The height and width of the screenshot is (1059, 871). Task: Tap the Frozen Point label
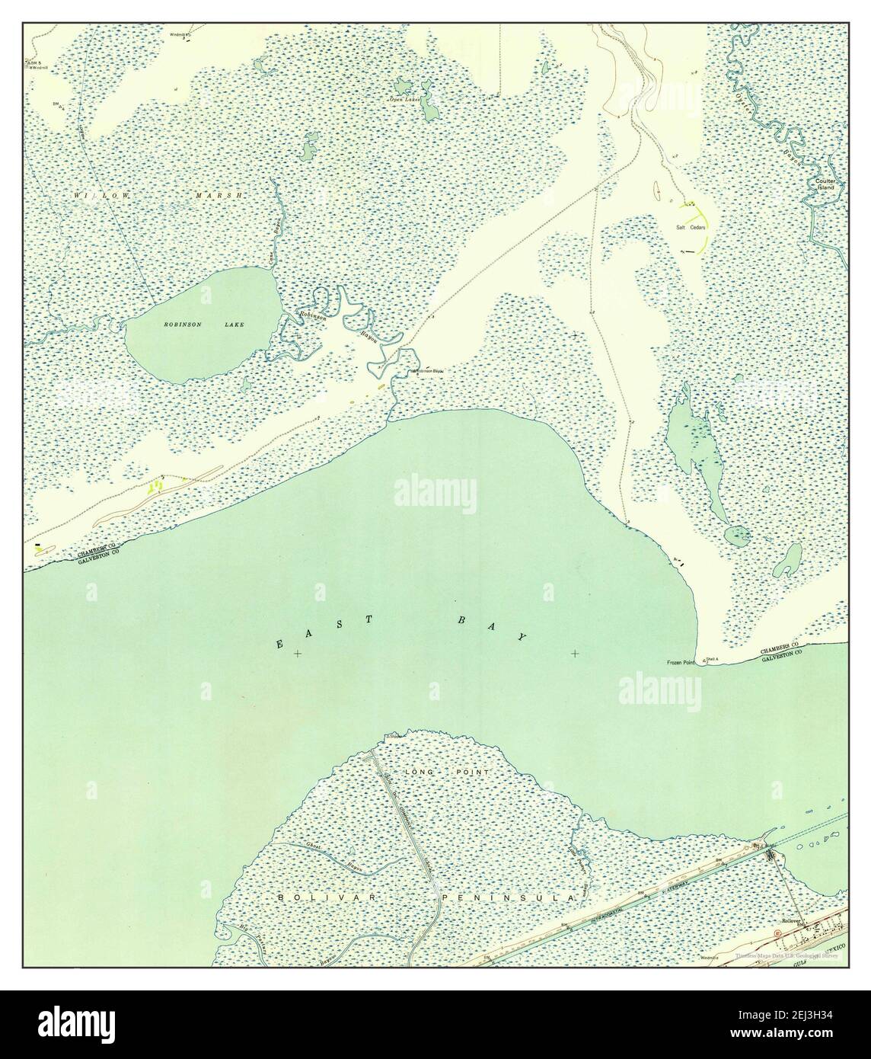pyautogui.click(x=681, y=662)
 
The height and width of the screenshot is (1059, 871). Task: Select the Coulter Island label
pyautogui.click(x=826, y=184)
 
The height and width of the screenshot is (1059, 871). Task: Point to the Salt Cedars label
pyautogui.click(x=690, y=227)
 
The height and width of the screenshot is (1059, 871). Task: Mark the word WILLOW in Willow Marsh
pyautogui.click(x=100, y=196)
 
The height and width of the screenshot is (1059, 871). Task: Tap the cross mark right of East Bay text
pyautogui.click(x=574, y=654)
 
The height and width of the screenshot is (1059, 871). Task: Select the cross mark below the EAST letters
pyautogui.click(x=298, y=654)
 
